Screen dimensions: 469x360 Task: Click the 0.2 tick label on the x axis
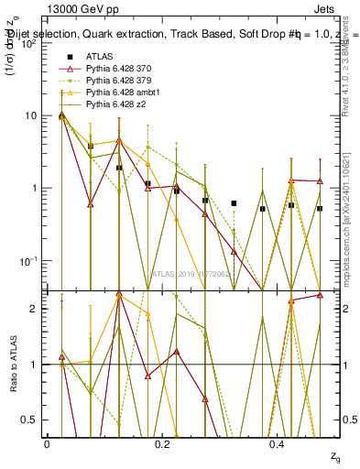tap(162, 443)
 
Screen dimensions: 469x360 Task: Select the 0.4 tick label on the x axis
tap(278, 443)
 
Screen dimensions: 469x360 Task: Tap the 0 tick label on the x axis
tap(47, 443)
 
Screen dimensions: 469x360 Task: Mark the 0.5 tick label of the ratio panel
tap(28, 420)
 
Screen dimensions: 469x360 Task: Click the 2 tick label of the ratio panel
tap(34, 309)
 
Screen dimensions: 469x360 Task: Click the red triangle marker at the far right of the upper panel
tap(320, 181)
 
